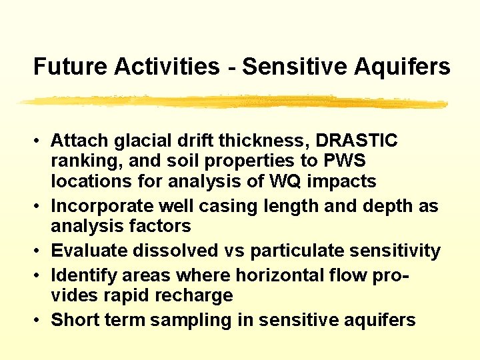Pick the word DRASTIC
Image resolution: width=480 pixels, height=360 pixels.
(x=357, y=141)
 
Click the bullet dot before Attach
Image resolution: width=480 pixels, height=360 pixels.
(x=41, y=141)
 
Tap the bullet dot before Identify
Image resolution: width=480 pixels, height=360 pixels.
(x=41, y=275)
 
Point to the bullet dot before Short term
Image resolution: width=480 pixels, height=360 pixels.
(x=41, y=321)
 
